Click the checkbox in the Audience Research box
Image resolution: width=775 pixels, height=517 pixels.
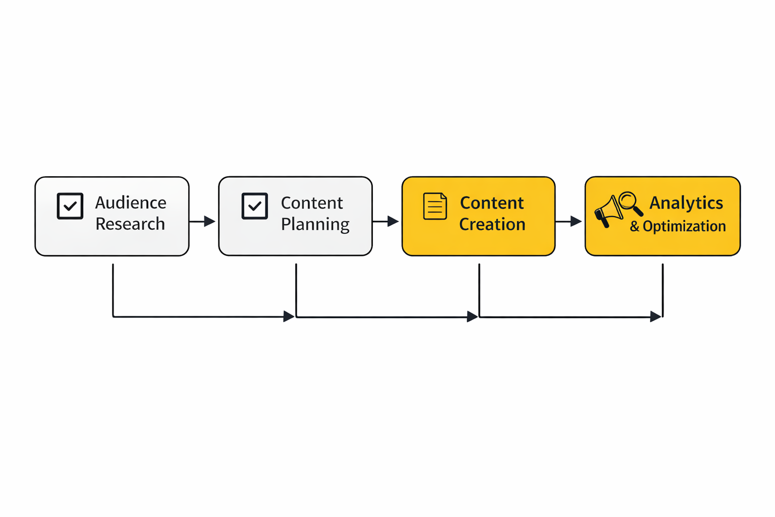[x=70, y=206]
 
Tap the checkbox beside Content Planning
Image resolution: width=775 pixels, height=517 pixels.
[x=255, y=206]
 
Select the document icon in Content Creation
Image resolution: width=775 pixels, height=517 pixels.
[x=435, y=206]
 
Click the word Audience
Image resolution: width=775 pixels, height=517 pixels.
[x=131, y=203]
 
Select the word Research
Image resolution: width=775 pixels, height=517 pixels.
[x=130, y=224]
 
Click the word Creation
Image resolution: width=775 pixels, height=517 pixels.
[x=492, y=224]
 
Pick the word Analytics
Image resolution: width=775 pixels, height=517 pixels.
[x=686, y=203]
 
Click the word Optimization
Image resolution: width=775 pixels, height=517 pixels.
[x=684, y=226]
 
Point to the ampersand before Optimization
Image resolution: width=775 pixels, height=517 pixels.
[x=634, y=227]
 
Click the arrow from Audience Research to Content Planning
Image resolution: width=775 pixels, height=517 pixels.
[x=203, y=221]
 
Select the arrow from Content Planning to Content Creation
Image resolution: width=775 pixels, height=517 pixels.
[x=386, y=221]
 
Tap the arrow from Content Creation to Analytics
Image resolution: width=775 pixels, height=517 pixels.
[x=569, y=221]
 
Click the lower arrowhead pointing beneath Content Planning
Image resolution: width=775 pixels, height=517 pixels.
[x=289, y=317]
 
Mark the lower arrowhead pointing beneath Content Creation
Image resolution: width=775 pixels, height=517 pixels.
[x=472, y=317]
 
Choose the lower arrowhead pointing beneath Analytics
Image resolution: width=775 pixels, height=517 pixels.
[x=655, y=317]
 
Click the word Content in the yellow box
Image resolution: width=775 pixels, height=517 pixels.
[x=492, y=203]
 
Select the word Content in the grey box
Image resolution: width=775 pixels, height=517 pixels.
[x=312, y=203]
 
